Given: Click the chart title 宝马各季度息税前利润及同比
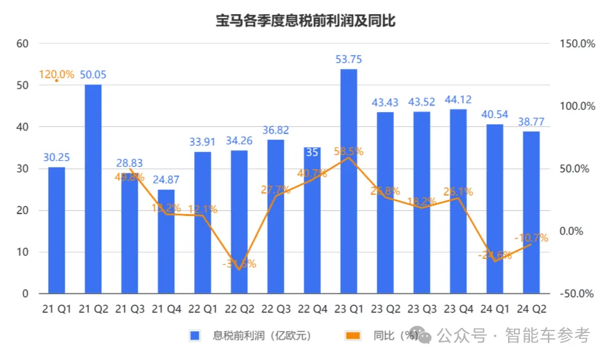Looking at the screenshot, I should (305, 20).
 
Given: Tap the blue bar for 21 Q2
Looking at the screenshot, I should (93, 189).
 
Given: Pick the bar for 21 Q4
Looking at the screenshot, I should (166, 241).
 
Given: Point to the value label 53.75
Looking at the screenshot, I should (349, 59).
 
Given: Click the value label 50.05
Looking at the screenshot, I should (93, 75).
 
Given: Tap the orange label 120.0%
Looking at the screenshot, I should (56, 74).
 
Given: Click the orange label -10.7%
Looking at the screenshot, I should (531, 238).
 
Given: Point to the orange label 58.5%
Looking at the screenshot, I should (349, 152).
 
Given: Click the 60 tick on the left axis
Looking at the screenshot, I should (23, 44).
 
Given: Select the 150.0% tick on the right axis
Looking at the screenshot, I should (578, 44).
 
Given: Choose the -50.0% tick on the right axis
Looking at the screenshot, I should (578, 294).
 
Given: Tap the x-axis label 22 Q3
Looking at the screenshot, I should (276, 309).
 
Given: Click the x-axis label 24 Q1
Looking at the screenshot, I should (495, 309).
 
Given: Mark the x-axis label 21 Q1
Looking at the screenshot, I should (56, 309).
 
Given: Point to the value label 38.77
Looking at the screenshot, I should (531, 121).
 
